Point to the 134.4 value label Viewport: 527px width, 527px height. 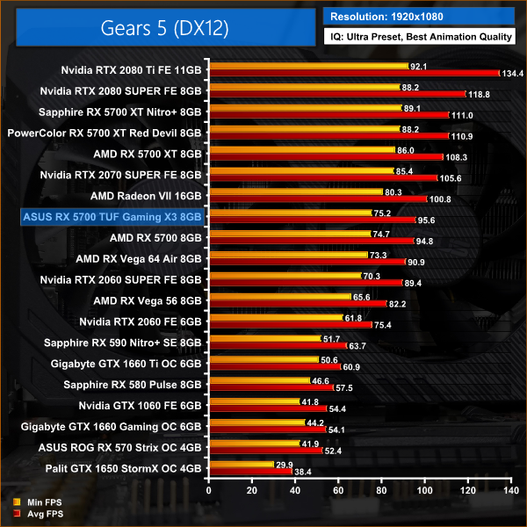[x=512, y=74]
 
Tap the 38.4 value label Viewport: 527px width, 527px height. [x=302, y=473]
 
